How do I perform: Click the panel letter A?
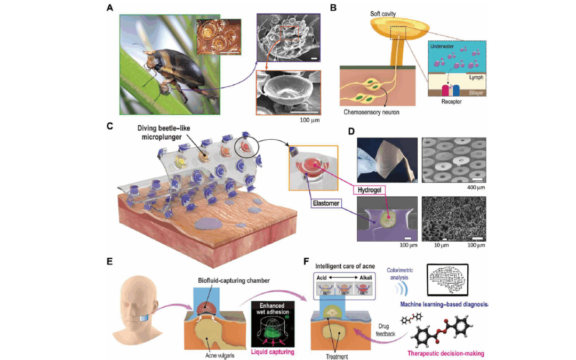click(x=110, y=7)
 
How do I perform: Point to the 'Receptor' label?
click(x=447, y=100)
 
